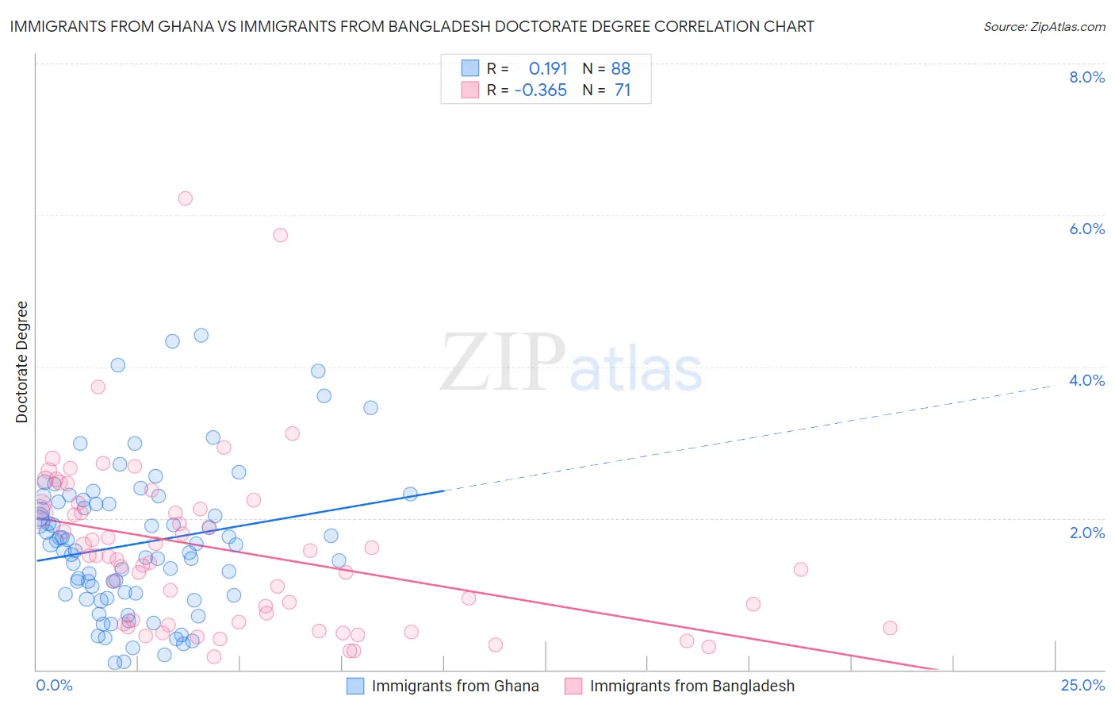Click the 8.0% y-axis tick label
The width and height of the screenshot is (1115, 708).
[1086, 77]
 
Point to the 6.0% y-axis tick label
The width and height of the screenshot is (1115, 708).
[1086, 229]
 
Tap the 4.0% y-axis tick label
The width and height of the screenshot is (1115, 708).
[1086, 380]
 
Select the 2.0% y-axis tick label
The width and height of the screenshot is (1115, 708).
[1086, 533]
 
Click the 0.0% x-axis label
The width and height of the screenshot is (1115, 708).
[54, 686]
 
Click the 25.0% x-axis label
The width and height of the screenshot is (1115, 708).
[1082, 686]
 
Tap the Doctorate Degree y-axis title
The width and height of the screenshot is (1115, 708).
[21, 362]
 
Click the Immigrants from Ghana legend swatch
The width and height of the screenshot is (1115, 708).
[354, 686]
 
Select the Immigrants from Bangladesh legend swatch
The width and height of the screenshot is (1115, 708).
[573, 686]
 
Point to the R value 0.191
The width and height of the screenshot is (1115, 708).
[548, 68]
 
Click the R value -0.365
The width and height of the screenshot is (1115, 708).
[541, 90]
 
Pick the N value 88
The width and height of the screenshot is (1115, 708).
[621, 68]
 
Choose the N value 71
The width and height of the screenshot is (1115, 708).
[623, 90]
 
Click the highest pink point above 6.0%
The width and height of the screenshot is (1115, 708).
[185, 198]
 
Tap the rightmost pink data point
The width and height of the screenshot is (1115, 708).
[890, 628]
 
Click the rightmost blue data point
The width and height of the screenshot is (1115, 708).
[410, 494]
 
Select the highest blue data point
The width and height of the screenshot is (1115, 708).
[201, 335]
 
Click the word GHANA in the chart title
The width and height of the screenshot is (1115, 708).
[186, 26]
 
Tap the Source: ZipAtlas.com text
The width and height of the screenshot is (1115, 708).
[1044, 26]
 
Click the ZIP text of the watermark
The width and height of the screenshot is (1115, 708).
[503, 363]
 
